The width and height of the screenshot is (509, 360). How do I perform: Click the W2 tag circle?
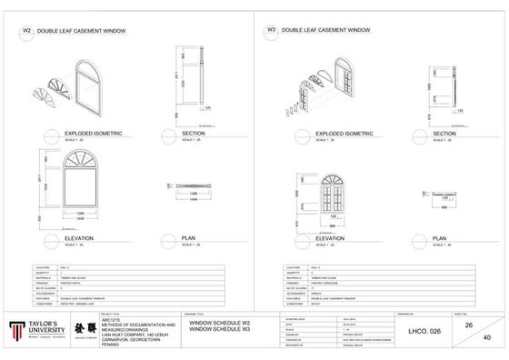coord(26,30)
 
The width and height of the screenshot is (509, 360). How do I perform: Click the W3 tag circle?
coord(271,30)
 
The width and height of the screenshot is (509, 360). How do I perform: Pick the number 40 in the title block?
coord(486,337)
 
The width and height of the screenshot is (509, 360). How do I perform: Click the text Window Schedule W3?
coord(218,328)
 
